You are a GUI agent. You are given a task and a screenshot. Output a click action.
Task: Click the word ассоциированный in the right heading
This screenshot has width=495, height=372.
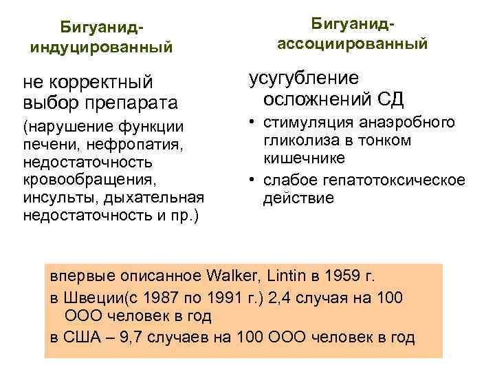tap(352, 43)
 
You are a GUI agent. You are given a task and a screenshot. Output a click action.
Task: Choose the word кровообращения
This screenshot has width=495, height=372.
tap(89, 180)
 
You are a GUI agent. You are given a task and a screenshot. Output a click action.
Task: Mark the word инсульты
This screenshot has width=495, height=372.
tap(56, 198)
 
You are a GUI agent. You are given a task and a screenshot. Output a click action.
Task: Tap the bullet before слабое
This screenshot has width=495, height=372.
tap(254, 180)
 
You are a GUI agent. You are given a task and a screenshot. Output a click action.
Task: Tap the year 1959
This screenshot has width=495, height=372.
tap(344, 277)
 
